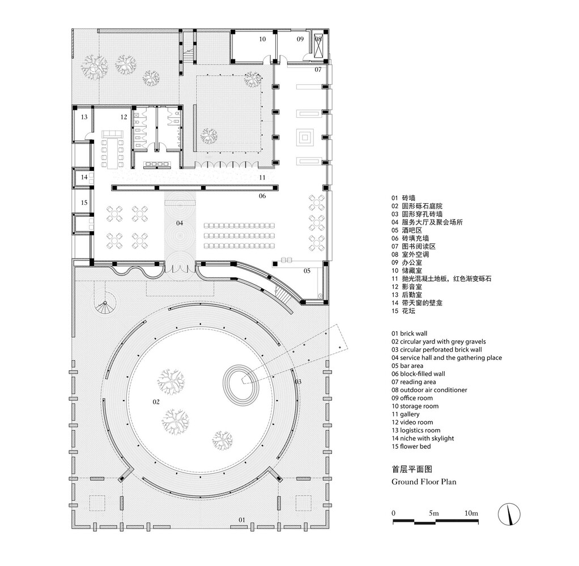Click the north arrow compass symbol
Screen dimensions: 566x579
[509, 514]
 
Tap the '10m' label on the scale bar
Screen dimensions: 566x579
[470, 513]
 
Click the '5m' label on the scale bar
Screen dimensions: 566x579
[433, 513]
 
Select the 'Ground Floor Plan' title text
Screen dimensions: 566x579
[424, 482]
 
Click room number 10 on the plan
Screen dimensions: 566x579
[262, 40]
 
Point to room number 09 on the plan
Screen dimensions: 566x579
[300, 39]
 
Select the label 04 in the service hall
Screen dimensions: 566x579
[179, 223]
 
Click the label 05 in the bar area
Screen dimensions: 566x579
[307, 271]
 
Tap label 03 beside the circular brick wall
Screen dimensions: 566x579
[298, 382]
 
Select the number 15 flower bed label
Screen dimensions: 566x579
[84, 203]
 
